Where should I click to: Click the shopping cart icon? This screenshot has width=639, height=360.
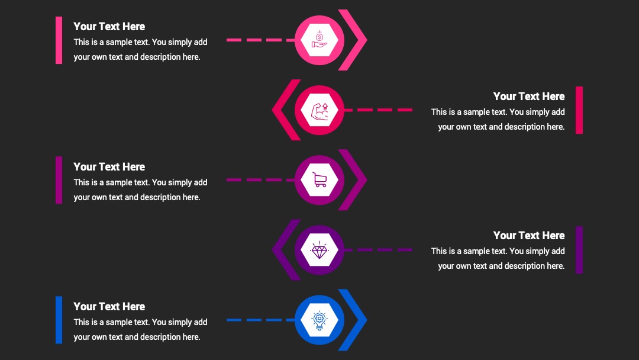(x=319, y=180)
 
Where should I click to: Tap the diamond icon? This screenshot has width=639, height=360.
(x=319, y=250)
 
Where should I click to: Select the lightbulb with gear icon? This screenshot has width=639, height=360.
(x=319, y=320)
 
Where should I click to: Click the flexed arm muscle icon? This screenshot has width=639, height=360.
(x=320, y=111)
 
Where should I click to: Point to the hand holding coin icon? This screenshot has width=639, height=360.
(x=319, y=39)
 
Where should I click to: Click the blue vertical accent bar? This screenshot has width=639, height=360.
(x=59, y=320)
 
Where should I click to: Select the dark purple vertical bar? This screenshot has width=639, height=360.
(x=579, y=250)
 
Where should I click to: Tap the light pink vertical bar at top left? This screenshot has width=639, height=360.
(x=59, y=40)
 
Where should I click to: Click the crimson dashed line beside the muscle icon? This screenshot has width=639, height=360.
(x=378, y=110)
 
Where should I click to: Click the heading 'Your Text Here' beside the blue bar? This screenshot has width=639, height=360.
(x=109, y=307)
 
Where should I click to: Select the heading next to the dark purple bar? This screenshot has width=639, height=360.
(x=529, y=236)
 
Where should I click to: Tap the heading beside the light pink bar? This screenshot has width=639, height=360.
(x=109, y=27)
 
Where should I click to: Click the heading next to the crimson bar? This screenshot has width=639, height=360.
(x=529, y=97)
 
